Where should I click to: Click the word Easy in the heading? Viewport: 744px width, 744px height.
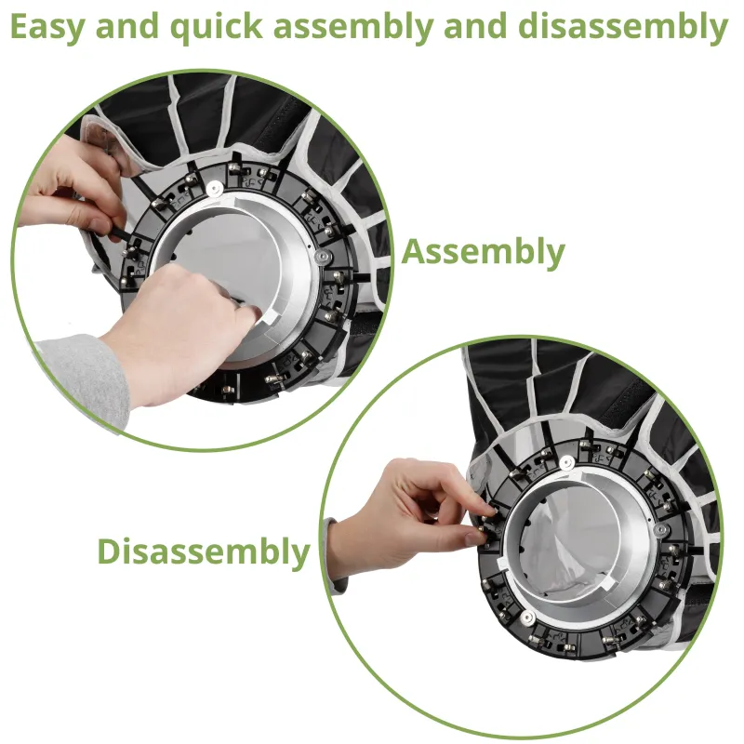(x=46, y=28)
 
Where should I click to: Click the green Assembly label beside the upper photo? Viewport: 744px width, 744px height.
(x=483, y=252)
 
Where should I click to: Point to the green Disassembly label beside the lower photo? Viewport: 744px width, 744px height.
(x=204, y=552)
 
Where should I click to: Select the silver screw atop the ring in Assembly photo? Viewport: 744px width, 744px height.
(x=214, y=188)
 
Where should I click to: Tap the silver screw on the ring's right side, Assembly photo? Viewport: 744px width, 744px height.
(x=322, y=257)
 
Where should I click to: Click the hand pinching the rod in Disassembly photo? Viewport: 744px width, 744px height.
(x=408, y=517)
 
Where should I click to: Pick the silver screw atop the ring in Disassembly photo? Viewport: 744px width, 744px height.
(x=566, y=462)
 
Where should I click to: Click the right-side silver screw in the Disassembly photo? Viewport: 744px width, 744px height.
(x=661, y=529)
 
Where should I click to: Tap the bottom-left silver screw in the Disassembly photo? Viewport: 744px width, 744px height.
(x=527, y=618)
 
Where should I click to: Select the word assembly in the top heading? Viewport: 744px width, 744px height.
(x=353, y=28)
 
